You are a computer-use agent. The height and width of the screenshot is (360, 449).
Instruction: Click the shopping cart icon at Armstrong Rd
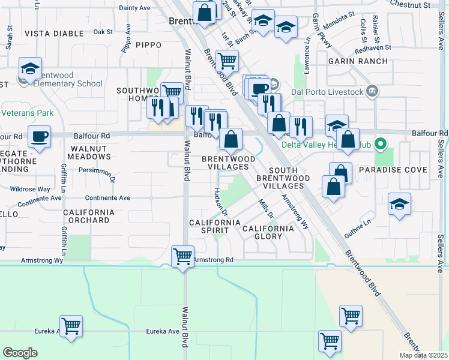[183, 256]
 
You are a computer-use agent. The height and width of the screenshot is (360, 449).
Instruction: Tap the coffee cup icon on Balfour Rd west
[40, 136]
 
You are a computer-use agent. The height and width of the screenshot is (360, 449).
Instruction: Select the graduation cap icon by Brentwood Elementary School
[30, 69]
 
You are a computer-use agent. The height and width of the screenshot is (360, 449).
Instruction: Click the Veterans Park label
[28, 113]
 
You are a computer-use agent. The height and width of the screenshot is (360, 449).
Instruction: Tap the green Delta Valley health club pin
[379, 145]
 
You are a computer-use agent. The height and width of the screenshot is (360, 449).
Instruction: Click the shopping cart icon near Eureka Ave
[71, 326]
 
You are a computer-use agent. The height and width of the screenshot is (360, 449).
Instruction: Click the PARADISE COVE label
[393, 170]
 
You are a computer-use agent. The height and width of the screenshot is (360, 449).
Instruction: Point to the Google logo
[20, 353]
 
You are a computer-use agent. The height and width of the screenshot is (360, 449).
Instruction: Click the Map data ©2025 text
[424, 355]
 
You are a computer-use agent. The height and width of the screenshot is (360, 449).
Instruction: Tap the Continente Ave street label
[108, 197]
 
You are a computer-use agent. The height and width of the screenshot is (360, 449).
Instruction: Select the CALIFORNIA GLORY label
[268, 232]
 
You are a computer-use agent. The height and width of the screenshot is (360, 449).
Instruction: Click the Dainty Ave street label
[134, 8]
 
